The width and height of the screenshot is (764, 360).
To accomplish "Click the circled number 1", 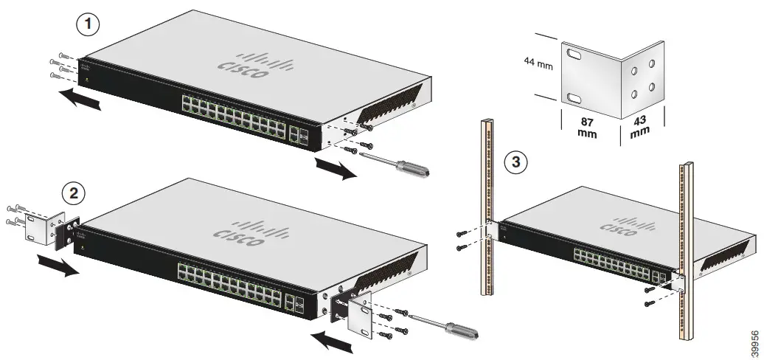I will point(88,24).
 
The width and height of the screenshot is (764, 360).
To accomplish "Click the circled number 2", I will point(72,193).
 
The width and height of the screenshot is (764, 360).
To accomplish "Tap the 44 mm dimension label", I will point(538,65).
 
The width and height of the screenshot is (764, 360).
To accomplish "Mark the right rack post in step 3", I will point(686,251).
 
